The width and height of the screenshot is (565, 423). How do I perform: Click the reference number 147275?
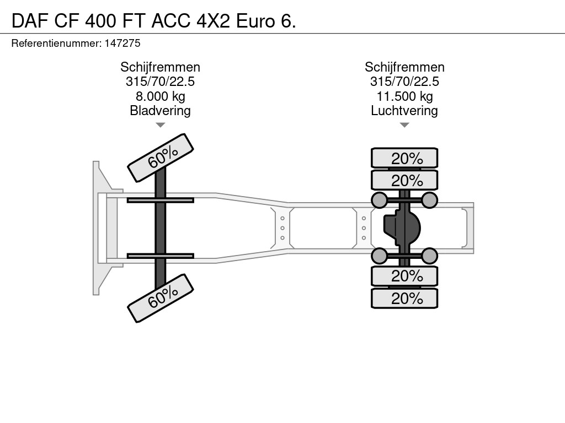[122, 43]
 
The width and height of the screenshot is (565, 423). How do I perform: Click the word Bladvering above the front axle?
[160, 111]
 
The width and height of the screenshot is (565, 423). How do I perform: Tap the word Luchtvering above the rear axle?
[404, 111]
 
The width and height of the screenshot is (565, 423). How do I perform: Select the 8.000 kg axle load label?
[161, 96]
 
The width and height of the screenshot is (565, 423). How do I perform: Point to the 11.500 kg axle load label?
[404, 96]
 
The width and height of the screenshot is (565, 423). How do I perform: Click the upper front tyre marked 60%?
[161, 158]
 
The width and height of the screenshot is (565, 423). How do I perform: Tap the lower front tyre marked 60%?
[161, 298]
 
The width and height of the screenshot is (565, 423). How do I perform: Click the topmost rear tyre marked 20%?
[404, 158]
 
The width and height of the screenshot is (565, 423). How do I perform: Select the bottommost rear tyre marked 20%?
[404, 298]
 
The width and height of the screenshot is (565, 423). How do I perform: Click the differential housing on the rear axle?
[402, 227]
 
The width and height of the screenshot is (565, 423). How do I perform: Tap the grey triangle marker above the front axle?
[161, 125]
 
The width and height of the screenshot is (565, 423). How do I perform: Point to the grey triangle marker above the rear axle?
[404, 125]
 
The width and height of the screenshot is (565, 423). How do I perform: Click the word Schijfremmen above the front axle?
[161, 67]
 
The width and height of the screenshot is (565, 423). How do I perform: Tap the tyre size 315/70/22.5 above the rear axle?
[404, 82]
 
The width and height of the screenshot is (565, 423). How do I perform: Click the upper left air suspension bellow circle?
[380, 200]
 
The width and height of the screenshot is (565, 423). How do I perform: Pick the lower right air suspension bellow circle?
[429, 256]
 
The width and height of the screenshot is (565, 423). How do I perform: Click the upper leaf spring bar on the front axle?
[161, 200]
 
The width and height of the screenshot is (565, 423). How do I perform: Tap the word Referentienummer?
[56, 43]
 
